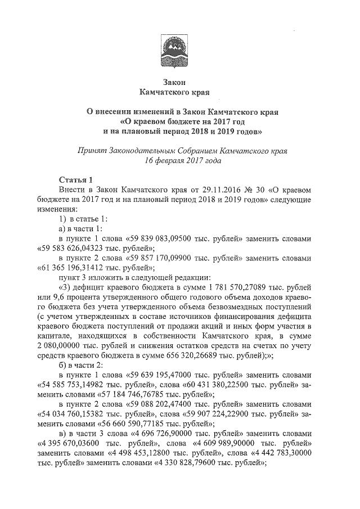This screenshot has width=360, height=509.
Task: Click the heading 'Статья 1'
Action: tap(75, 180)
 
